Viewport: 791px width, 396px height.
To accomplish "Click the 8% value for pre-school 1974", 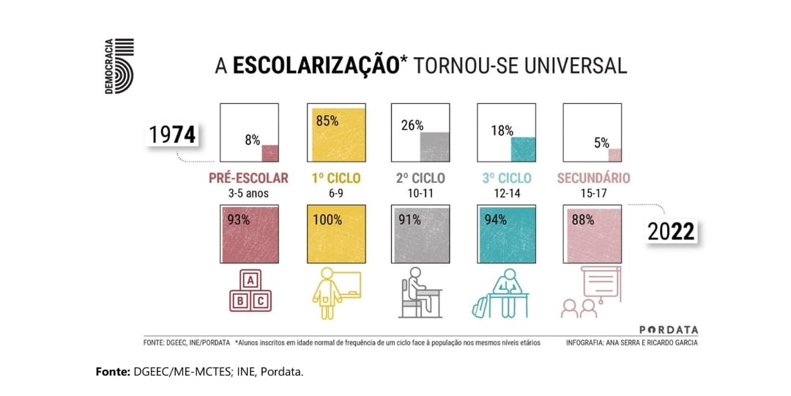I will click(x=253, y=139).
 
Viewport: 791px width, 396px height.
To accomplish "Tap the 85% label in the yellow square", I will click(x=327, y=121).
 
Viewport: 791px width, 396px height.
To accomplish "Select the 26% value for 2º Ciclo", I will click(x=412, y=125).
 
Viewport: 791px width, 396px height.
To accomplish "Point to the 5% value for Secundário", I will click(x=602, y=143).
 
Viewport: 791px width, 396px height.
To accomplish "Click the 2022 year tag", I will click(x=670, y=231).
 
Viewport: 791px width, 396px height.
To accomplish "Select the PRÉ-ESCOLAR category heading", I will click(x=248, y=178).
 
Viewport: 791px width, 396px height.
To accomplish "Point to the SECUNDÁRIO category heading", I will click(x=593, y=178).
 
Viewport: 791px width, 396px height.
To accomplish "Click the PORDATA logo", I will click(x=669, y=330).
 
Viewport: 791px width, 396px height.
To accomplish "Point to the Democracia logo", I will click(x=119, y=66).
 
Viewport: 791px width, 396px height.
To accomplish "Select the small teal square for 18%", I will click(x=524, y=149).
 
